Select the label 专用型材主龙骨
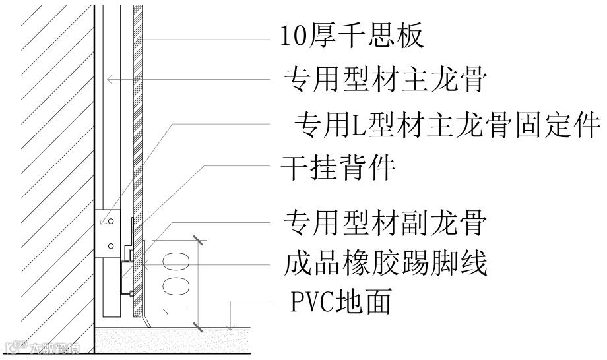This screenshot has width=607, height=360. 385,80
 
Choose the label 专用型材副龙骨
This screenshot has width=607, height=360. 385,224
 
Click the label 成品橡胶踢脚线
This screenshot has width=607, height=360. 385,263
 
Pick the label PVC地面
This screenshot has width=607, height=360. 341,303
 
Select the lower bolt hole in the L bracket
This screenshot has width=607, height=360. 111,245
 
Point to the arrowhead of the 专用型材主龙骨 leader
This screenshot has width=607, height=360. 110,79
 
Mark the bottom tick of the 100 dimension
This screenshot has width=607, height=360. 197,326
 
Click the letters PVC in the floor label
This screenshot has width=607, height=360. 313,303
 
